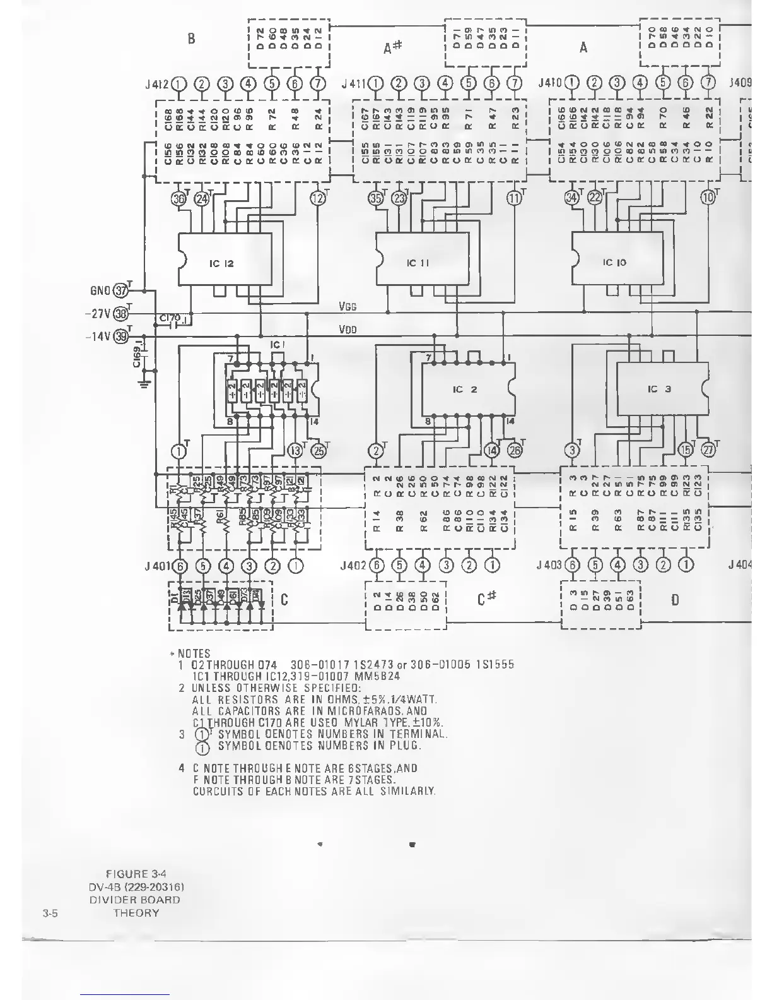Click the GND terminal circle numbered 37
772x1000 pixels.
coord(119,291)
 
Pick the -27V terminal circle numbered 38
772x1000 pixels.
coord(119,314)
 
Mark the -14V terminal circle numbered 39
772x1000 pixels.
coord(119,336)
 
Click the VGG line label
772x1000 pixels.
coord(348,307)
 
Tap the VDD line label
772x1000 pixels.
coord(348,330)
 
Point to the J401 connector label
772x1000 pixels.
coord(157,566)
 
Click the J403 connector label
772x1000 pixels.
coord(549,566)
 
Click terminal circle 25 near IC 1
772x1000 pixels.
coord(320,451)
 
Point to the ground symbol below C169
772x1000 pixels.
coord(145,382)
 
